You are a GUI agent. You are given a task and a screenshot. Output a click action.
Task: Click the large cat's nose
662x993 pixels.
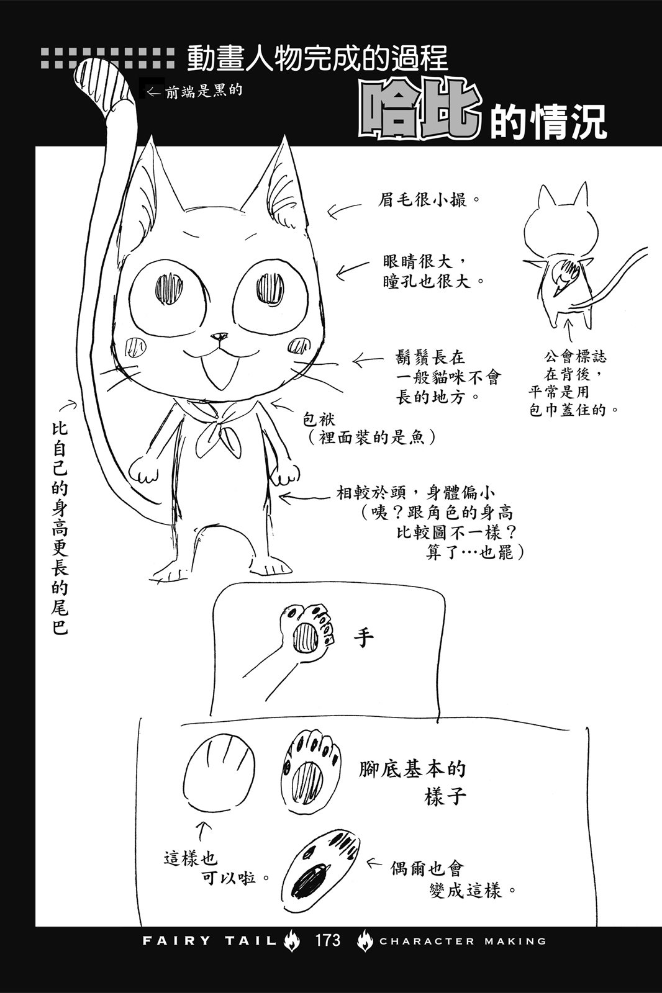click(217, 338)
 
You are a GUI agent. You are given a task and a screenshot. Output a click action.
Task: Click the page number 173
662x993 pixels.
click(327, 940)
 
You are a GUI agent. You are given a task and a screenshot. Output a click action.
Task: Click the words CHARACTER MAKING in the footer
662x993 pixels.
click(463, 941)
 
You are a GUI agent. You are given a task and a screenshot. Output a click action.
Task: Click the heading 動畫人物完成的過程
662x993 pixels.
click(317, 58)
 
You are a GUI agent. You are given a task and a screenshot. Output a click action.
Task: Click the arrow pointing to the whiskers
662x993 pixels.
click(368, 361)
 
